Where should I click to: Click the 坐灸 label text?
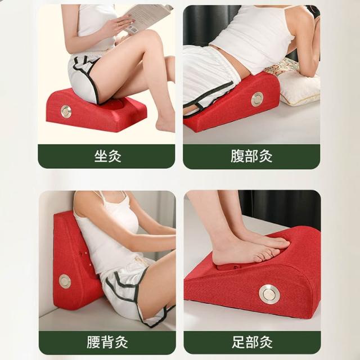click(x=107, y=156)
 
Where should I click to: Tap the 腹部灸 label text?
click(x=251, y=156)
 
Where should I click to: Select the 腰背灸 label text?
click(x=107, y=342)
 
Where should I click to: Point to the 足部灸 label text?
click(x=252, y=342)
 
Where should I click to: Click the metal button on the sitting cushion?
click(x=66, y=111)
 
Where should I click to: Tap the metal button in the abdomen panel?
click(x=257, y=99)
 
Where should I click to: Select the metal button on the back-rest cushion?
click(x=65, y=281)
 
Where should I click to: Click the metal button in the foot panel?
click(x=269, y=294)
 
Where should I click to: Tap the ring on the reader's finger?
click(x=119, y=24)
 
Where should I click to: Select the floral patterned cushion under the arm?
click(x=292, y=68)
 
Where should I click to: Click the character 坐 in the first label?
click(x=101, y=156)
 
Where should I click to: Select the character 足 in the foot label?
click(x=238, y=342)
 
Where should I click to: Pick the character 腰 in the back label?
click(x=93, y=342)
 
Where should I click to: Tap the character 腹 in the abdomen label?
click(x=237, y=156)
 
